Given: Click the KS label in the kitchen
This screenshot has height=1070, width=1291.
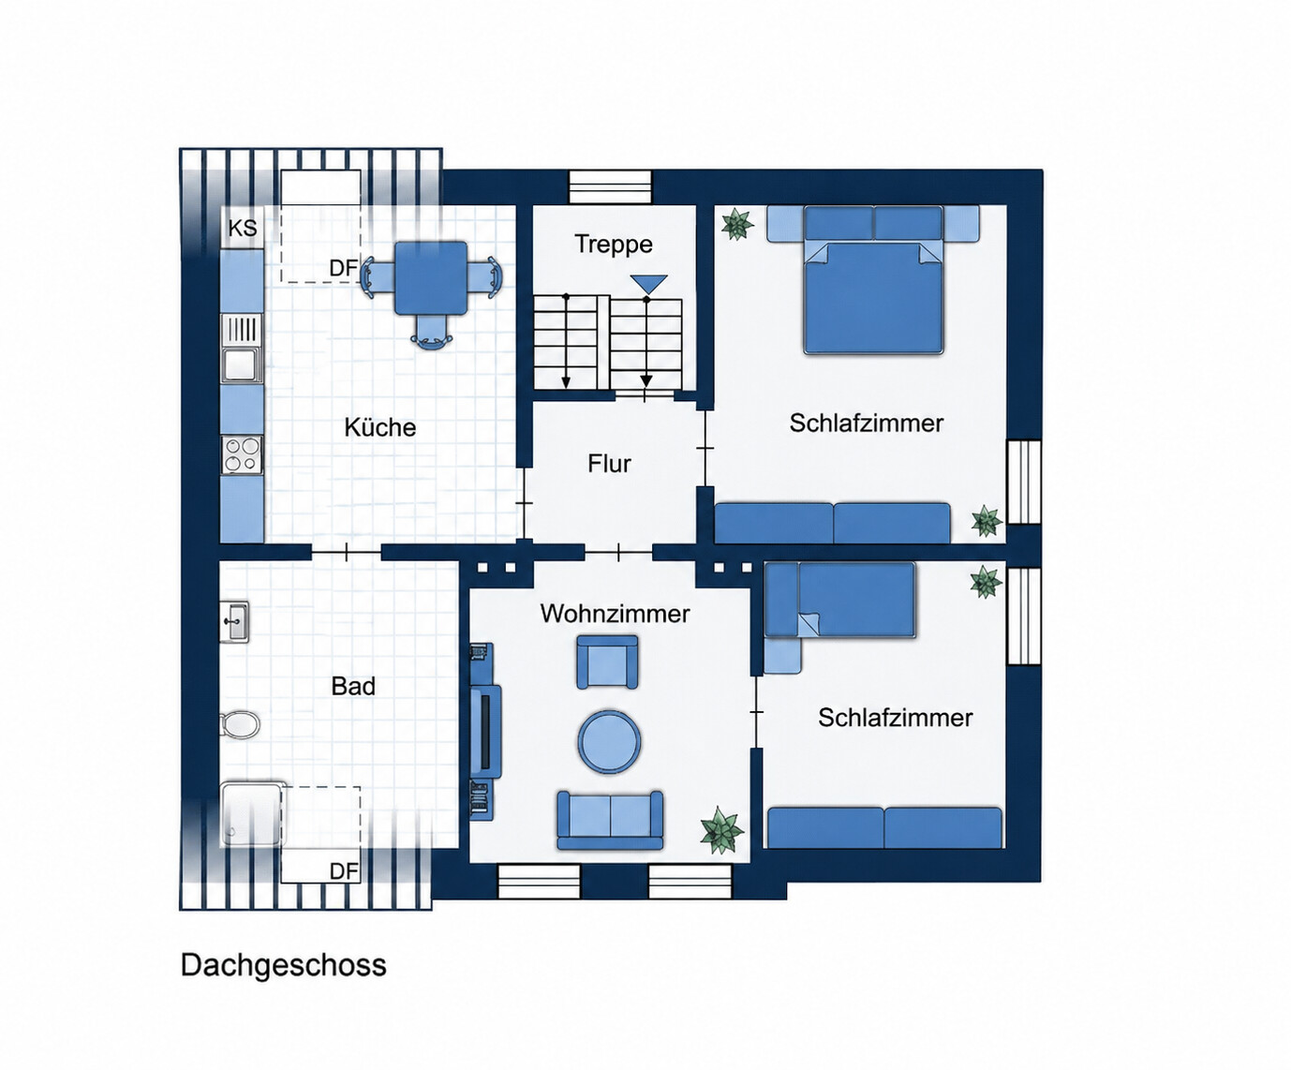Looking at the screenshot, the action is click(x=243, y=228).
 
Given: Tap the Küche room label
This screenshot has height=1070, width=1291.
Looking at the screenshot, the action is click(x=379, y=427).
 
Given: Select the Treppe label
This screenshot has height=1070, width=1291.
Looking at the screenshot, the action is click(x=614, y=245).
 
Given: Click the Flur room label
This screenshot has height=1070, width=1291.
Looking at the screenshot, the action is click(x=610, y=463).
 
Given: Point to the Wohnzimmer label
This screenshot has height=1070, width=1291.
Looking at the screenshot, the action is click(x=615, y=614).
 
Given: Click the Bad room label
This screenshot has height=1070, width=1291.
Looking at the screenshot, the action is click(x=353, y=686).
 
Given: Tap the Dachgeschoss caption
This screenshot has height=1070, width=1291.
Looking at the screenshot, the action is click(x=283, y=965).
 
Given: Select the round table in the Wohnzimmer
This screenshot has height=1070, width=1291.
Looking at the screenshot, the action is click(x=609, y=741).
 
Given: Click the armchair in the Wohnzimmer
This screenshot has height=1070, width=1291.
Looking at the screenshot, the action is click(x=607, y=661).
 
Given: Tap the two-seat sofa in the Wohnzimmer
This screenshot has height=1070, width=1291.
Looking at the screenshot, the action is click(x=610, y=820).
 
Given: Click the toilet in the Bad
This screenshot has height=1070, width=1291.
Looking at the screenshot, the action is click(x=241, y=724).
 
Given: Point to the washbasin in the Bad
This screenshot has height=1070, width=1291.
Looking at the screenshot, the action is click(x=235, y=622).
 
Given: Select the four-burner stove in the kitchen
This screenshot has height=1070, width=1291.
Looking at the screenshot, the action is click(x=242, y=454).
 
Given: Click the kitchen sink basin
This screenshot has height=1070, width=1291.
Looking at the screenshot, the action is click(x=242, y=364).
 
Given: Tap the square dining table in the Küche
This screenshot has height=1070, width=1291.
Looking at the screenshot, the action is click(x=431, y=277).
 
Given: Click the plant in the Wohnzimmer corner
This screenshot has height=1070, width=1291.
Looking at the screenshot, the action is click(x=721, y=829).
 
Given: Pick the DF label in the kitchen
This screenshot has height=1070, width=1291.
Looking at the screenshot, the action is click(x=343, y=268).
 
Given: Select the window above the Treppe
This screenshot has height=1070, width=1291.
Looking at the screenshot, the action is click(x=610, y=186).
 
